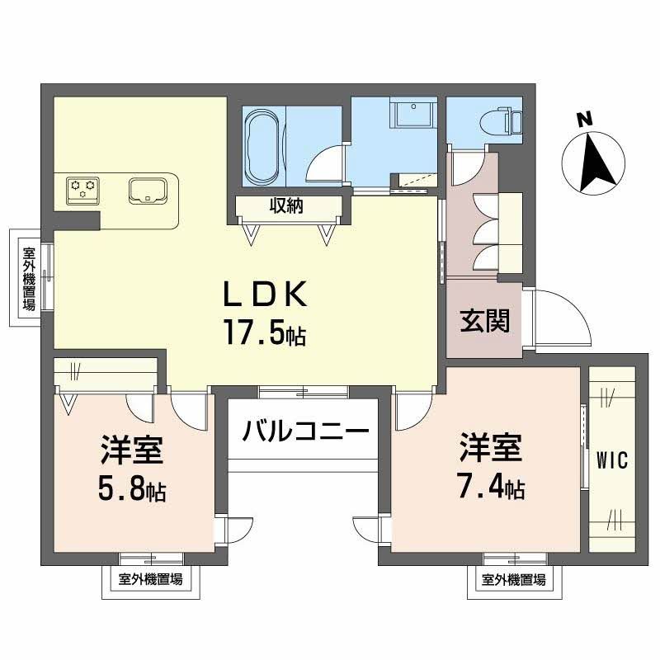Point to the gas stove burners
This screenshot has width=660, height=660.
83,190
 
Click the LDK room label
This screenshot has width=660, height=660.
264,295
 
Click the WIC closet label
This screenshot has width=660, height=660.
612,460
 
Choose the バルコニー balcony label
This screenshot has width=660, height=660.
304,431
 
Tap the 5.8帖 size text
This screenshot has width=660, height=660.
132,491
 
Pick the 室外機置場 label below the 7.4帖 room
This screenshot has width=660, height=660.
514,580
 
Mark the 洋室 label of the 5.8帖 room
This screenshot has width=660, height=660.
132,452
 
